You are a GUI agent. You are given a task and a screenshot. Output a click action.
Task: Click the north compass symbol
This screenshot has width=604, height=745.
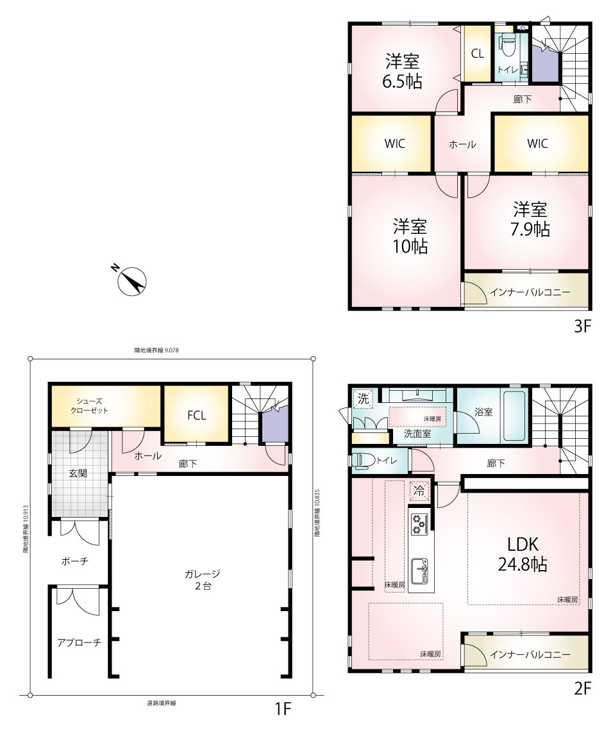(131, 281)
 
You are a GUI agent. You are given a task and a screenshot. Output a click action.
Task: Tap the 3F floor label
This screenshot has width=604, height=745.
(582, 327)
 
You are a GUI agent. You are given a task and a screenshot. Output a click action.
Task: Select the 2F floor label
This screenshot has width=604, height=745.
(582, 688)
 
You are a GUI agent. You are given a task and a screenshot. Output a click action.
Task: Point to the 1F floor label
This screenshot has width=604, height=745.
(283, 709)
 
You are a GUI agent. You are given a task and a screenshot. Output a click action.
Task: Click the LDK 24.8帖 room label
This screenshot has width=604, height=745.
(522, 554)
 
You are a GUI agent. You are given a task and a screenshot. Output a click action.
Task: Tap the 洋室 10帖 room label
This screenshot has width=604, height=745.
(410, 236)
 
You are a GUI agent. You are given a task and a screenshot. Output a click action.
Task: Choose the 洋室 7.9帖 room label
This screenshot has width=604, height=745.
(530, 219)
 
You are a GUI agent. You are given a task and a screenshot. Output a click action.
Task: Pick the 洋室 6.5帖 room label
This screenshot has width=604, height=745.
(403, 71)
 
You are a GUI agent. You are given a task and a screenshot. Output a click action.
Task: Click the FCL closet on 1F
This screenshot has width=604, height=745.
(196, 414)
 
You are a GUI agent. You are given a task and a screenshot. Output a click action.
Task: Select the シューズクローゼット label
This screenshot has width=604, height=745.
(89, 405)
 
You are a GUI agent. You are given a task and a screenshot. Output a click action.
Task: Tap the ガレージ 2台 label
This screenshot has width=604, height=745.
(203, 580)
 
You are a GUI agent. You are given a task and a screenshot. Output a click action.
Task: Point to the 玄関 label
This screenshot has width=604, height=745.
(78, 473)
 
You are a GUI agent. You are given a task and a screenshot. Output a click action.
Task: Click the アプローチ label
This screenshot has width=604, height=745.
(79, 643)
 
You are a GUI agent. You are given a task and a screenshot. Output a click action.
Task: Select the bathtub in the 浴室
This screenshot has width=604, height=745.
(514, 416)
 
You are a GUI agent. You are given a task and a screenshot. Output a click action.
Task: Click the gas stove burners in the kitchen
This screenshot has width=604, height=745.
(419, 523)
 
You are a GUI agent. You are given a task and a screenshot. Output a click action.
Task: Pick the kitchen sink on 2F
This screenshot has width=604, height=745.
(419, 571)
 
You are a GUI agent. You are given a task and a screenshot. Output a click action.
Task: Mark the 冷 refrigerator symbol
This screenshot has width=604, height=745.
(419, 491)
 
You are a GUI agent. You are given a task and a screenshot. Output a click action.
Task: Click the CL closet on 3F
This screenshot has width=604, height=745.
(478, 53)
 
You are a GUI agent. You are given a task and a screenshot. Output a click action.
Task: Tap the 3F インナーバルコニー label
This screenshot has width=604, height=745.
(530, 292)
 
